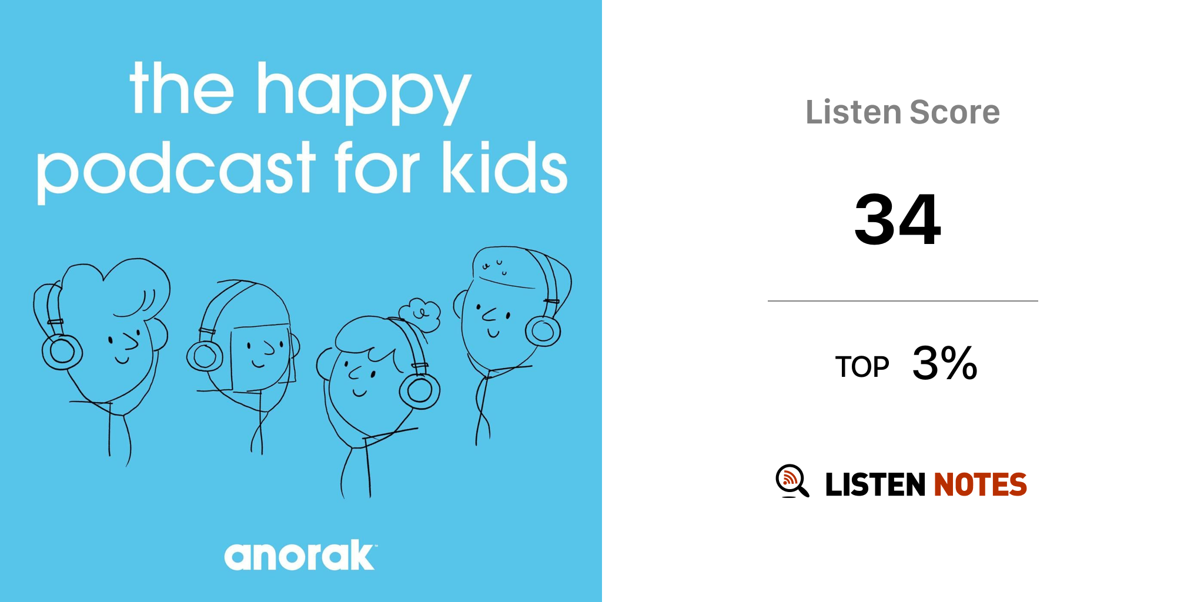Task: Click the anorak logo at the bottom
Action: [x=300, y=556]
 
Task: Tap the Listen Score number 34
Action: [x=898, y=219]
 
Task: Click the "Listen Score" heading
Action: [x=902, y=112]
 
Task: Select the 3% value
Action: [x=945, y=363]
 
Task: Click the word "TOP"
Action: [x=862, y=367]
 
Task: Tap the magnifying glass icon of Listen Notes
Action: [x=792, y=481]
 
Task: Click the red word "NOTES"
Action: [x=980, y=485]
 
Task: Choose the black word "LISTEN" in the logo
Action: [x=875, y=485]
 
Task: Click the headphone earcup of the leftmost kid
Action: [x=62, y=352]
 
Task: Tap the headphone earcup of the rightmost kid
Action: [x=543, y=331]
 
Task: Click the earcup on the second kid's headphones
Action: [x=205, y=356]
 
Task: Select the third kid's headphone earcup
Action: [x=420, y=390]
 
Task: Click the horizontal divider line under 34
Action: [x=903, y=301]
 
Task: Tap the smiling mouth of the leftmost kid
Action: [x=122, y=359]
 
